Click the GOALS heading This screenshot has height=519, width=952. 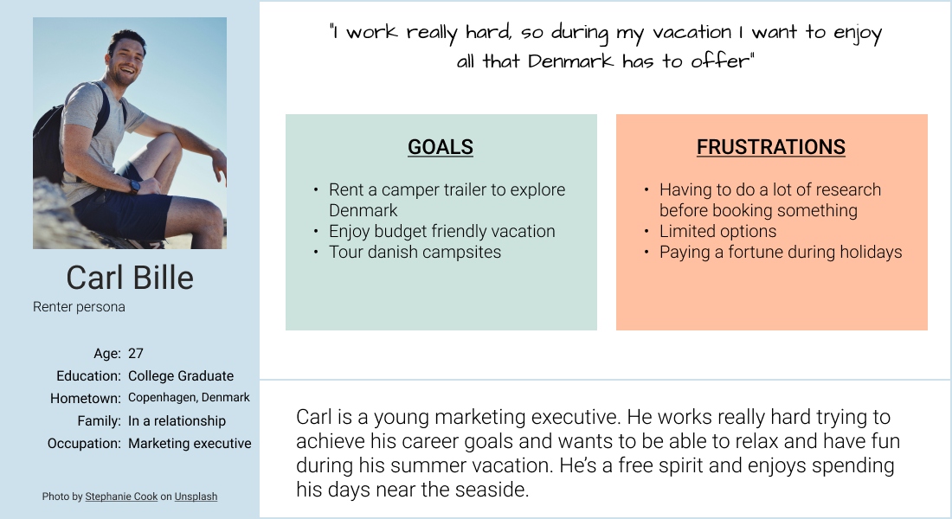point(441,147)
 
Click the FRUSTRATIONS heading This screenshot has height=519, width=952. point(770,147)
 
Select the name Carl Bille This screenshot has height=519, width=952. point(130,278)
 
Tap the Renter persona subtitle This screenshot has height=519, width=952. point(79,307)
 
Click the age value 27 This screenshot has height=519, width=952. point(136,353)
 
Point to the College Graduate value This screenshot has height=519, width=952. point(181,375)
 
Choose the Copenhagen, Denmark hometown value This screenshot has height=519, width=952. point(189,398)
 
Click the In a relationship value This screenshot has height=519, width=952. point(177,420)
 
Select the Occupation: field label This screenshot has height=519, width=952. point(84,443)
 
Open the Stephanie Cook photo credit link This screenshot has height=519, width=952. point(121,497)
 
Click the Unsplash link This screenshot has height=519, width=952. point(196,497)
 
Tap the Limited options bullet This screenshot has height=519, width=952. point(717,231)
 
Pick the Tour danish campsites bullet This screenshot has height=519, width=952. point(415,252)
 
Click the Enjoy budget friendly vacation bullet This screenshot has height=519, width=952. point(441,231)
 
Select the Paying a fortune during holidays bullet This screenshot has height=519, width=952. point(780,252)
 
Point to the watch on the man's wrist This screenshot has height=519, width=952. point(135,185)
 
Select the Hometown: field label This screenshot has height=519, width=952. point(85,398)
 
